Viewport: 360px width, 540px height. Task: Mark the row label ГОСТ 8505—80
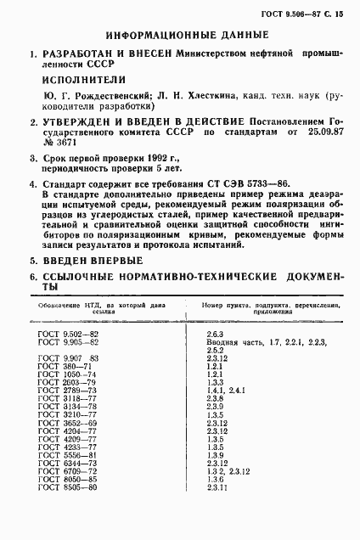coord(69,513)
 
